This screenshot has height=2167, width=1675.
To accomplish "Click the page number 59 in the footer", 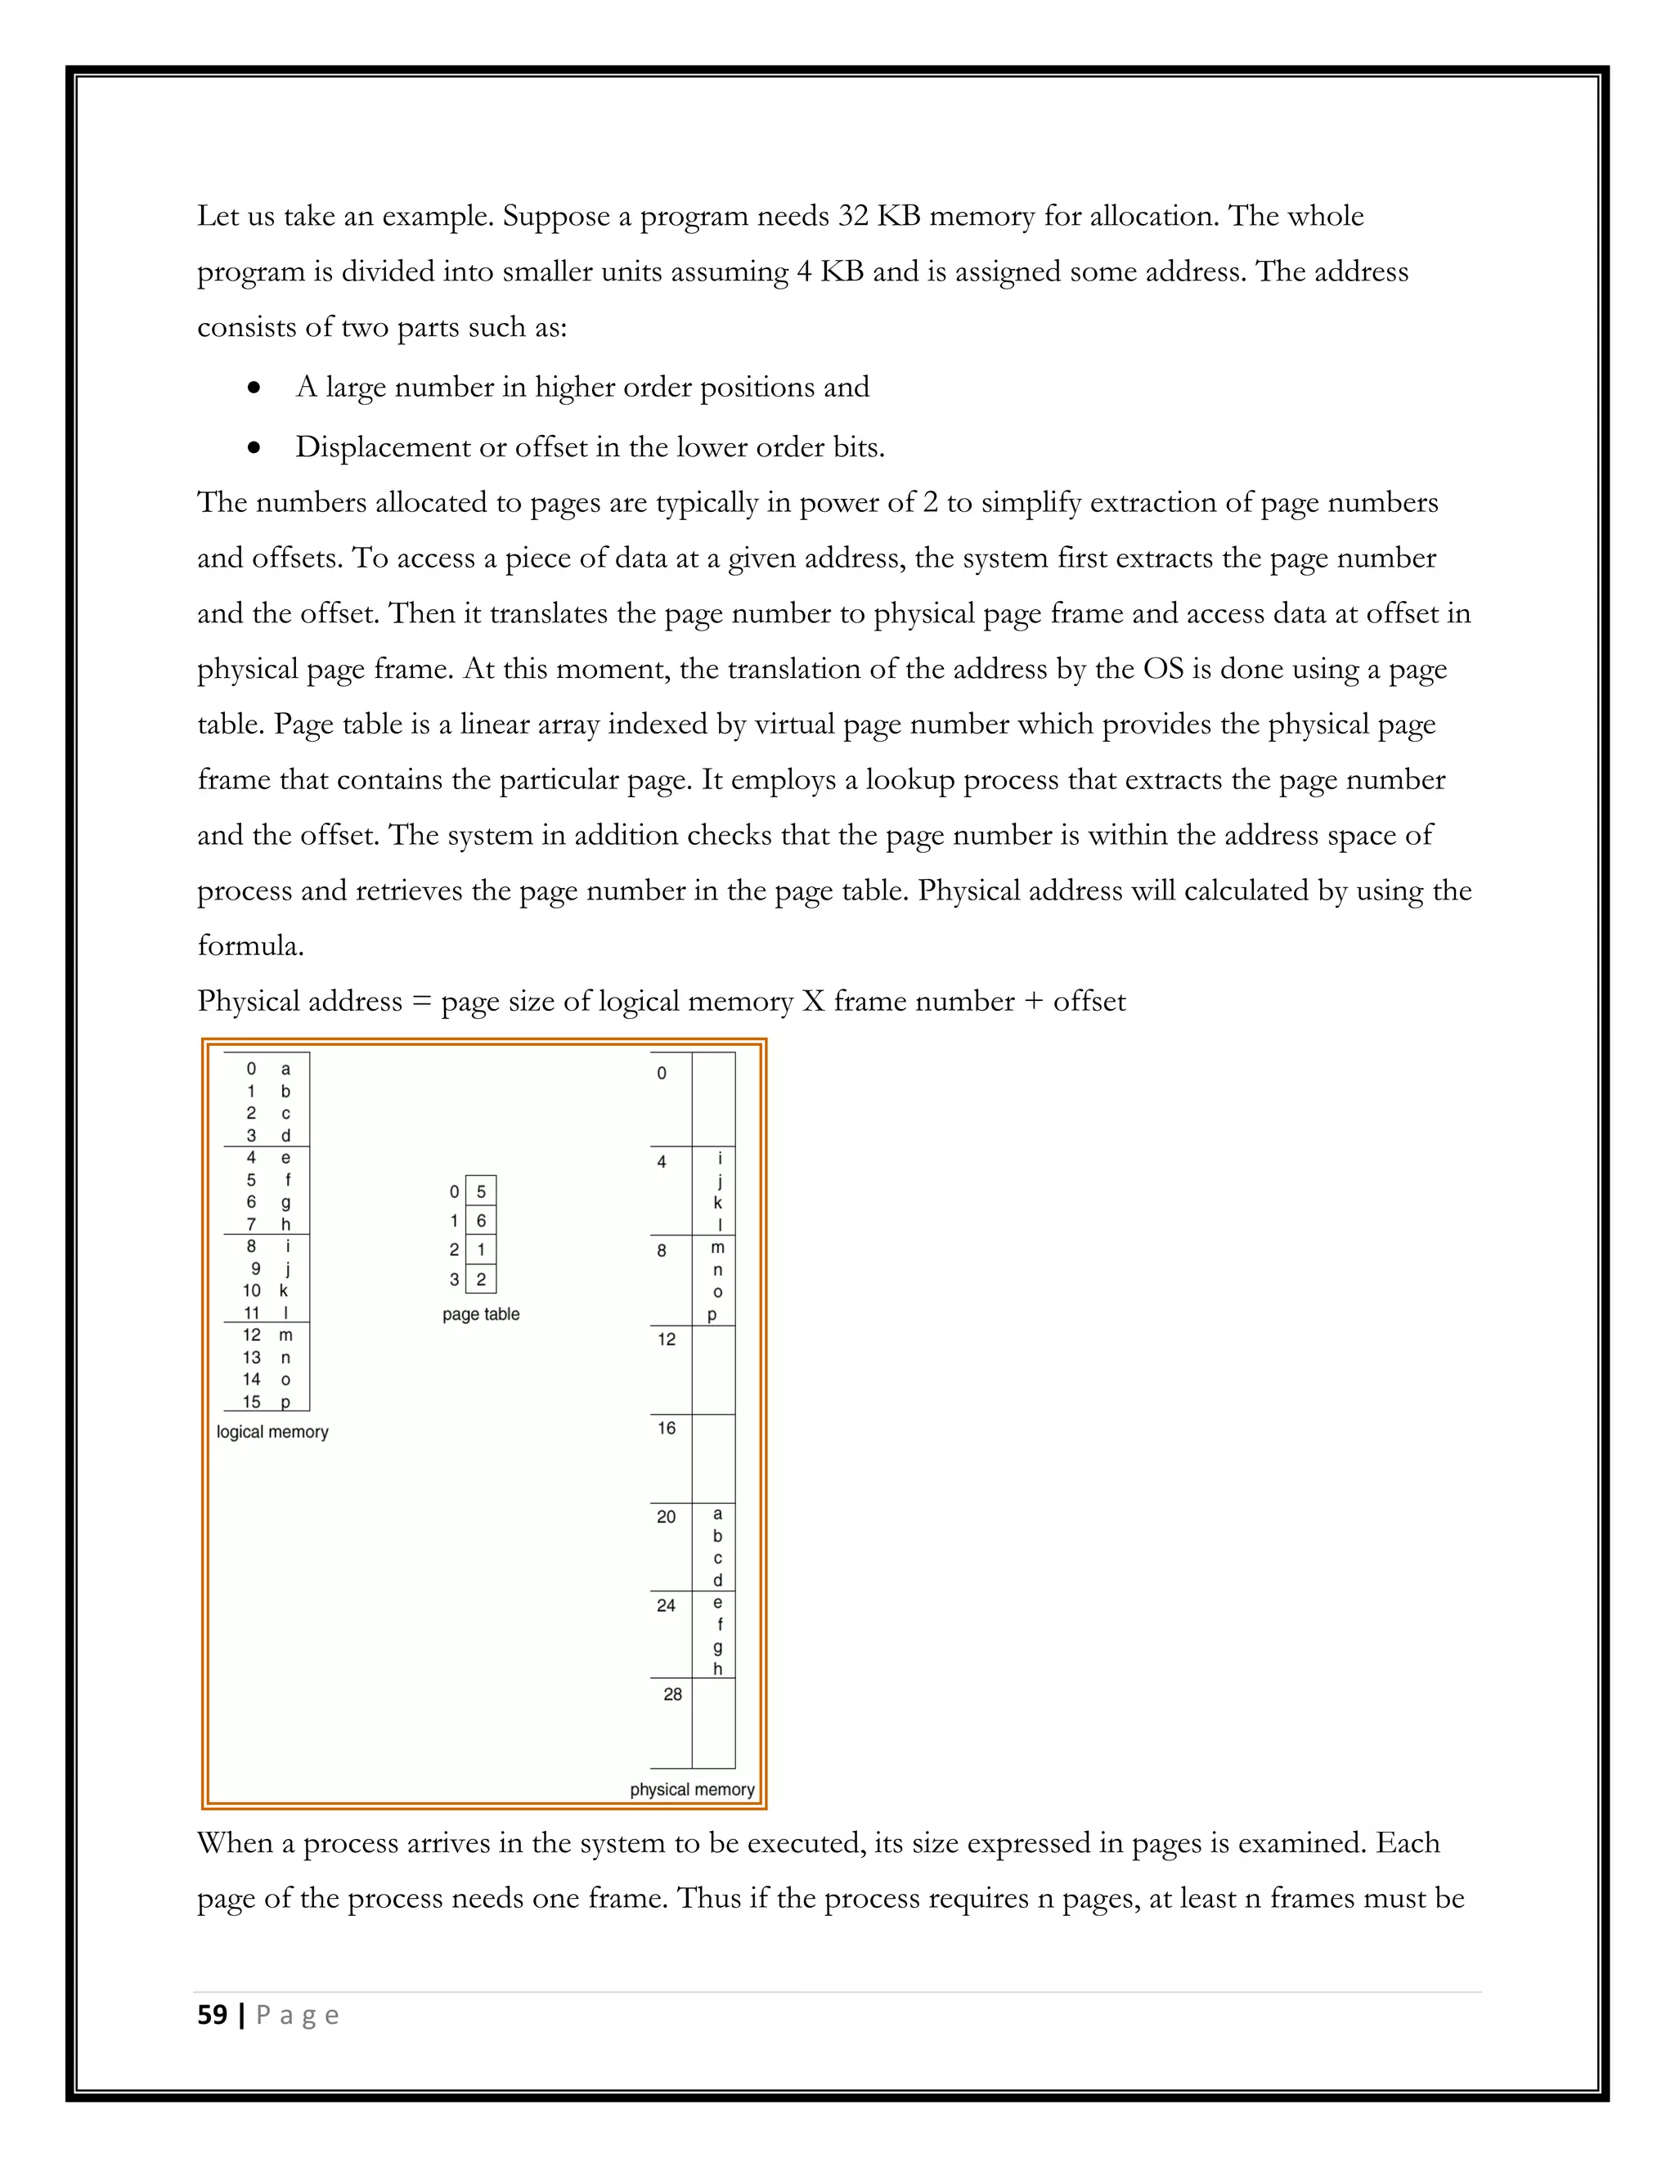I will tap(213, 2015).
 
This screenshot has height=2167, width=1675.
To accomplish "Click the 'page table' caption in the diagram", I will tap(480, 1314).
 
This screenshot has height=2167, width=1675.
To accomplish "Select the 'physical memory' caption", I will tap(692, 1789).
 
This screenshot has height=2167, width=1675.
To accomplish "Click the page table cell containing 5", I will tap(481, 1191).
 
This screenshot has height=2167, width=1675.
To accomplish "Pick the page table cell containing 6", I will tap(481, 1220).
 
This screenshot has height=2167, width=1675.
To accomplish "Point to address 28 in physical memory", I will tap(673, 1694).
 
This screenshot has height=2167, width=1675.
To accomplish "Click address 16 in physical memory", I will tap(666, 1428).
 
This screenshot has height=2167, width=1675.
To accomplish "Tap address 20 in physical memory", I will tap(666, 1516).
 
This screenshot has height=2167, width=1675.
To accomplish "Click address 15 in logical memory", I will tap(252, 1401).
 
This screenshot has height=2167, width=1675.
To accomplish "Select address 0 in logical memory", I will tap(251, 1069).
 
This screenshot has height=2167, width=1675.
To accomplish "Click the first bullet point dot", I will tap(255, 388).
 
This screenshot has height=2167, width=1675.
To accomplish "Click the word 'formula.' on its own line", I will tap(250, 944).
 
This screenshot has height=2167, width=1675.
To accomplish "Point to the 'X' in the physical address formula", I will tap(813, 1000).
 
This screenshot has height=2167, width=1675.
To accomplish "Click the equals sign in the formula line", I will tap(422, 1001).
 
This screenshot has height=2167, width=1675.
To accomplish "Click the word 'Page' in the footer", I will tap(298, 2015).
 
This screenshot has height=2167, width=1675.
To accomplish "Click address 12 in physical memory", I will tap(666, 1339).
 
